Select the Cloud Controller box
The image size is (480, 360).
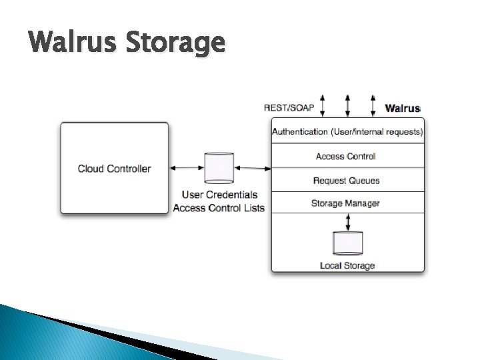click(114, 168)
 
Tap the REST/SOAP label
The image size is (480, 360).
click(289, 107)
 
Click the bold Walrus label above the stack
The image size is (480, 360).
click(403, 107)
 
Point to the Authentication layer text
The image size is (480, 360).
click(347, 131)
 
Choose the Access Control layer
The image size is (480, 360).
click(345, 156)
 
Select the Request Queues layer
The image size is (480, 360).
click(346, 181)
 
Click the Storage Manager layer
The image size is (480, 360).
click(345, 203)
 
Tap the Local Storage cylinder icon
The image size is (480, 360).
click(347, 243)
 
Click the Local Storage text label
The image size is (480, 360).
click(347, 265)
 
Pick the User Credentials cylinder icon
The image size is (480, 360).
click(219, 168)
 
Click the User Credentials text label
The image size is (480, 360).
click(219, 195)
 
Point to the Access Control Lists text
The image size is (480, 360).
click(219, 208)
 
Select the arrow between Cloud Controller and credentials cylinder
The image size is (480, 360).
click(187, 168)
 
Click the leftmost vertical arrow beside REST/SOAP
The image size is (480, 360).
click(322, 105)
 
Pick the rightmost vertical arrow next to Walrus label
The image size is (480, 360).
click(373, 105)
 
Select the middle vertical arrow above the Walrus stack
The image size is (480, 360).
click(347, 105)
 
